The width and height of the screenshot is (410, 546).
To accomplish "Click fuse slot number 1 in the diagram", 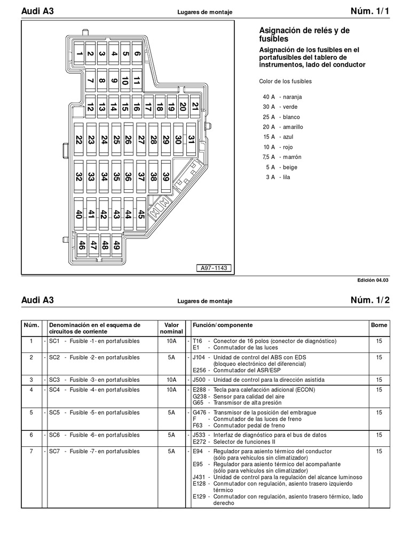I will [x=78, y=53].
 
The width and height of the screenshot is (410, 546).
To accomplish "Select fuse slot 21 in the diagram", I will [x=195, y=107].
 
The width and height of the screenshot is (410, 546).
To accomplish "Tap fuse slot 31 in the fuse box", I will [x=191, y=141].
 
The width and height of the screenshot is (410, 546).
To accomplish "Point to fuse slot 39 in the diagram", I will [x=166, y=177].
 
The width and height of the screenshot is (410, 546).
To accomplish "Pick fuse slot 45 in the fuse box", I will [x=141, y=214].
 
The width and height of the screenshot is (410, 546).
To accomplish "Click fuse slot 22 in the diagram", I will [x=78, y=141].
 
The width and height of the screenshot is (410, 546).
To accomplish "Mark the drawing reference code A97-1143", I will [x=215, y=268].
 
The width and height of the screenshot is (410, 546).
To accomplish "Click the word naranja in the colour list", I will [x=293, y=97].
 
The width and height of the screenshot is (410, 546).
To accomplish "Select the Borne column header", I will [x=379, y=325].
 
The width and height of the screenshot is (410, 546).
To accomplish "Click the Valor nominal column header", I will [x=171, y=328].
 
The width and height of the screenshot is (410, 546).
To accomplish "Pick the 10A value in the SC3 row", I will [x=171, y=380].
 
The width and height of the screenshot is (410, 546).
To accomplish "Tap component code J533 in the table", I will [x=199, y=435].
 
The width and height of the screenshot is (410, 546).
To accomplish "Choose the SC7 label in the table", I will [x=54, y=452].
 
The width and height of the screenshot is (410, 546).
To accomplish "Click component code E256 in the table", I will [x=200, y=370].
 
